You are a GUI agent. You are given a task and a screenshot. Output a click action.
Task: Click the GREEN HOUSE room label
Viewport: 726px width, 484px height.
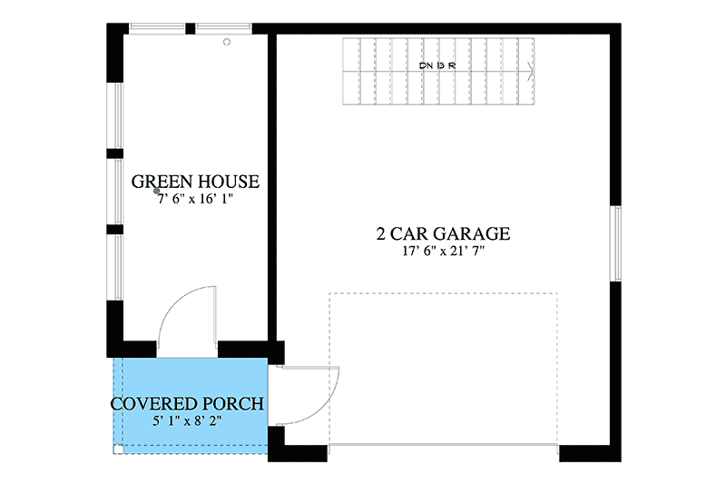(195, 182)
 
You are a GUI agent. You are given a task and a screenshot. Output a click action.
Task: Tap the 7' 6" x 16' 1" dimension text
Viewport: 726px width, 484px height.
(195, 199)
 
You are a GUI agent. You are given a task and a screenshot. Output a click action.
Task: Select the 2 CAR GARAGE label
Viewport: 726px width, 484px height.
(443, 234)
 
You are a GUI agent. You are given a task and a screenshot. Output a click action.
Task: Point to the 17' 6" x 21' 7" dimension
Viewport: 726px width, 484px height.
(443, 252)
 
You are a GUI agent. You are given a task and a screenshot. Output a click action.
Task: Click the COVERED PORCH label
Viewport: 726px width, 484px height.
(187, 404)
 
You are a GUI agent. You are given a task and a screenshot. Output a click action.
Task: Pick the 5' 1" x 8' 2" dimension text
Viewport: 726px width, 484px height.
(187, 421)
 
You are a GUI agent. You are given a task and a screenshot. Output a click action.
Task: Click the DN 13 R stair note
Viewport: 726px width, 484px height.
(437, 65)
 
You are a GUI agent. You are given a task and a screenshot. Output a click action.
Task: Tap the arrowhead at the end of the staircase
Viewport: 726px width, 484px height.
(531, 72)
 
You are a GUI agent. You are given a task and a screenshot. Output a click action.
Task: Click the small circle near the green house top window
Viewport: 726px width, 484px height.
(227, 42)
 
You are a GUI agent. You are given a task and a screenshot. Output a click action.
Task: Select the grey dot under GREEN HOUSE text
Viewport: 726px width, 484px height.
(156, 191)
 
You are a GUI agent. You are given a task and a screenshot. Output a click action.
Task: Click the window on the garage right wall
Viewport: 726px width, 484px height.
(616, 243)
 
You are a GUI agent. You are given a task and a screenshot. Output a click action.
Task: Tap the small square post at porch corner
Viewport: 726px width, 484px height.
(119, 449)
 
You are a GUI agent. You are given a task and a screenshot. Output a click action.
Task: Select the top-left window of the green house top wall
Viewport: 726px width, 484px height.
(157, 28)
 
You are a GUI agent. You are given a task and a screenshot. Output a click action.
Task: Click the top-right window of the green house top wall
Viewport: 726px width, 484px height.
(223, 28)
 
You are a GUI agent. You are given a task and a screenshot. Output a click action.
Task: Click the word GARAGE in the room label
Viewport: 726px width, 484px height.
(472, 234)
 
